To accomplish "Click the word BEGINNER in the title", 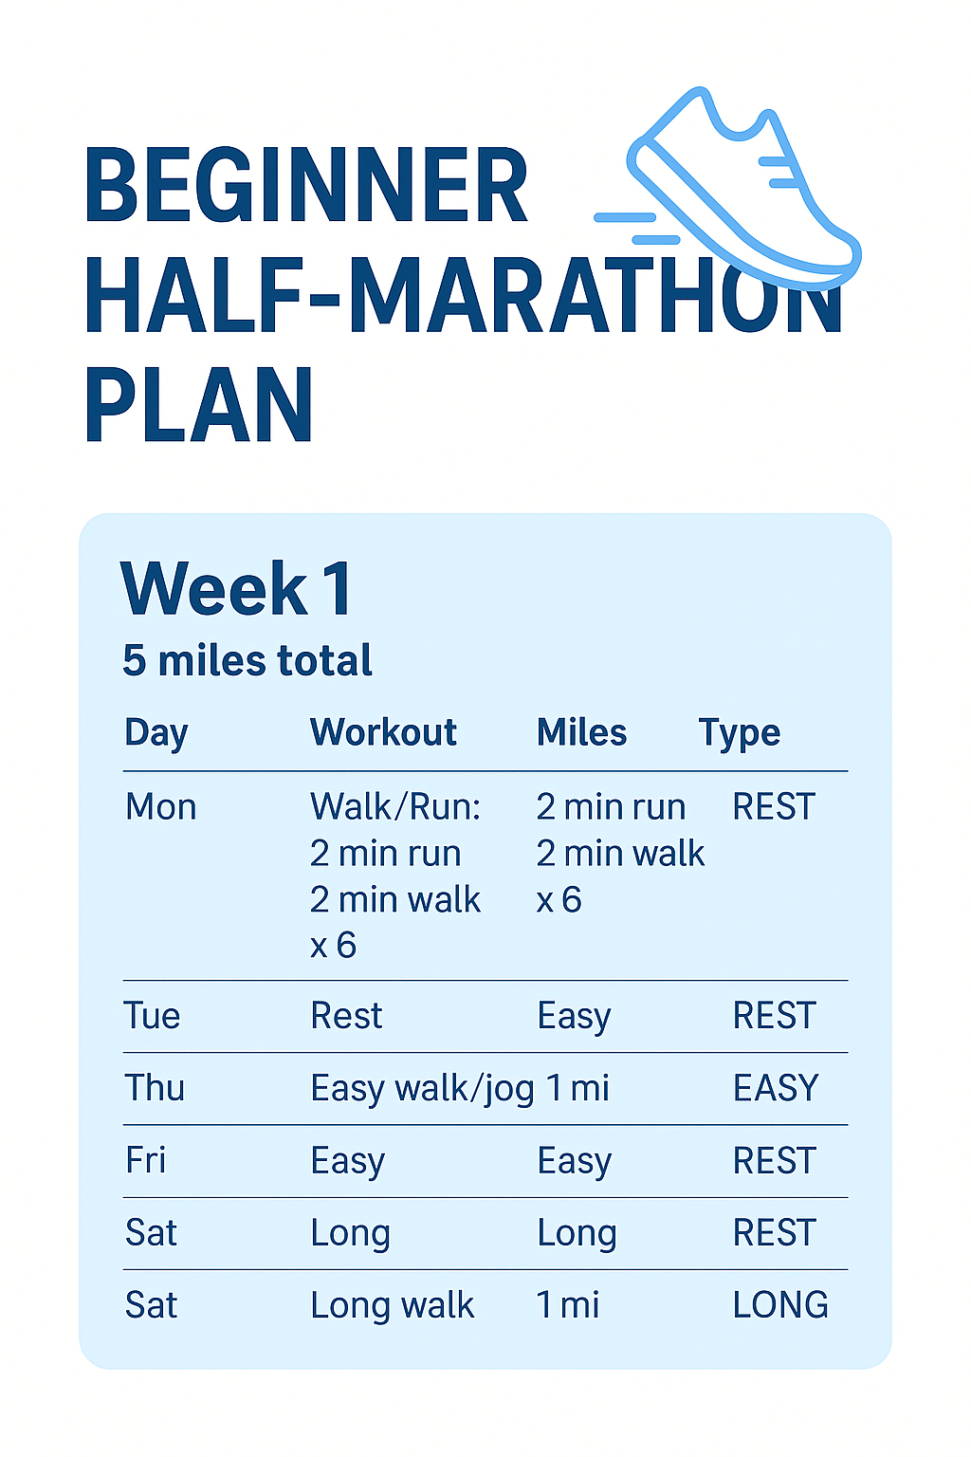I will point(305,186).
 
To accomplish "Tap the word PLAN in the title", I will point(198,406).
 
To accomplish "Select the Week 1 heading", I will point(237,589).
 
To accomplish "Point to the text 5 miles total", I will point(247,660).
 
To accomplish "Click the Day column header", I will point(156,733).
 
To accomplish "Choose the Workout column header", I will point(383,732).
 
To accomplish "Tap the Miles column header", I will point(581,732).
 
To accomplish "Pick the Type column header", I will point(739,733).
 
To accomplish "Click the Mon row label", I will point(161,807).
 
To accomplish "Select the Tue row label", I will point(153,1016).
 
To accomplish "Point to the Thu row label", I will point(156,1088).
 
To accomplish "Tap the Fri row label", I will point(146,1160).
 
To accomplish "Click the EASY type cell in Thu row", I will point(776,1088).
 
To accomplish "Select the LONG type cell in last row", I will point(780,1305).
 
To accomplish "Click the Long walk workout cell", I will point(392,1305).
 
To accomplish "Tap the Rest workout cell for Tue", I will point(346,1016).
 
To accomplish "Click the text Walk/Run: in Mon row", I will point(395,807).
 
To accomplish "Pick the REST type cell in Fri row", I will point(774,1160).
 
